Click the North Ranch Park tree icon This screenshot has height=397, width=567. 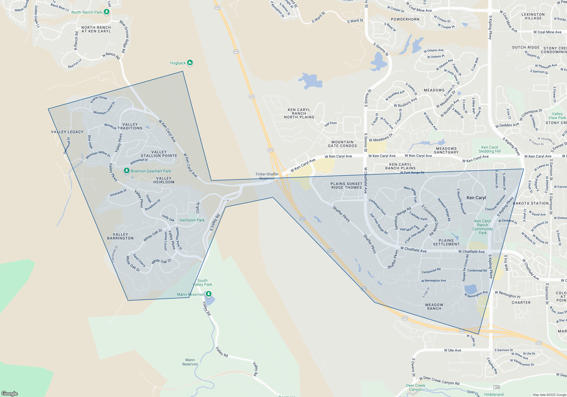107,12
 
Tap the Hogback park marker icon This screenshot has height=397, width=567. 190,63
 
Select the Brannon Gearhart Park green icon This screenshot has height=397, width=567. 127,171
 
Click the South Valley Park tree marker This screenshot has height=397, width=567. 209,294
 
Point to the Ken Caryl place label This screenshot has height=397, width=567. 476,198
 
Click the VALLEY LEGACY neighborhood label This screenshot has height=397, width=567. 67,132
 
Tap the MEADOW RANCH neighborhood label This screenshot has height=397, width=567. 434,307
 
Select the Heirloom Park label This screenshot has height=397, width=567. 192,220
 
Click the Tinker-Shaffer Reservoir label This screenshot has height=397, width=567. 267,176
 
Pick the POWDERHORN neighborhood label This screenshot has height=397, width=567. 405,19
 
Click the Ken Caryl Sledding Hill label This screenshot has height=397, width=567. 490,149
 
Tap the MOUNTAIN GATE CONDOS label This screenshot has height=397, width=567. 342,144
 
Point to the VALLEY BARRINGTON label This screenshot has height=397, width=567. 120,236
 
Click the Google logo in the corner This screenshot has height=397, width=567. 10,393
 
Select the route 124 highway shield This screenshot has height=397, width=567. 496,387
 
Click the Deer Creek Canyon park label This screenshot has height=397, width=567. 416,387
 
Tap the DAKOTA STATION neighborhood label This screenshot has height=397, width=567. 531,203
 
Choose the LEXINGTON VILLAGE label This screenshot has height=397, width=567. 533,16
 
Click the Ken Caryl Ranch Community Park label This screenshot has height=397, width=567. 483,227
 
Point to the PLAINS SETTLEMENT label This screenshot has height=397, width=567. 446,242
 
